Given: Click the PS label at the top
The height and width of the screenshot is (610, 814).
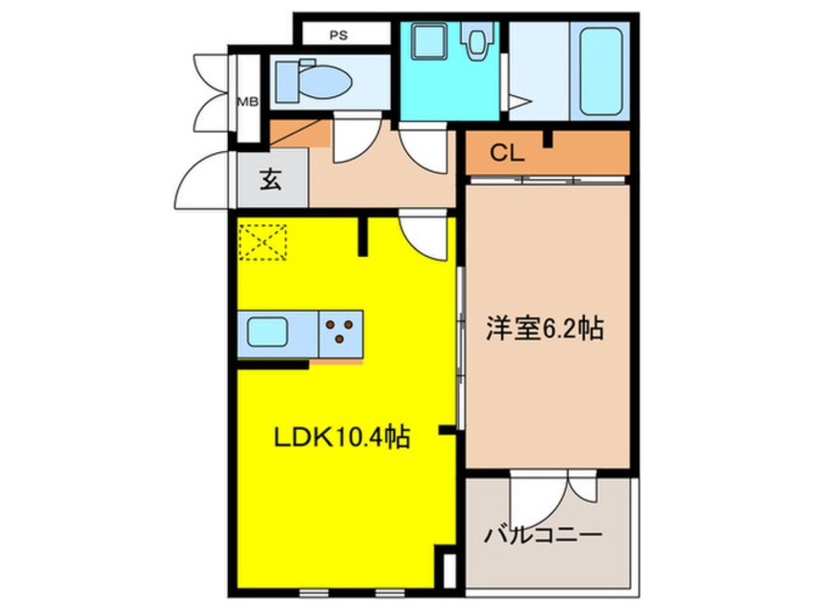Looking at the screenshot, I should click(338, 36).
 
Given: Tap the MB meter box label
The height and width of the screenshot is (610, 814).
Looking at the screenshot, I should click(247, 99).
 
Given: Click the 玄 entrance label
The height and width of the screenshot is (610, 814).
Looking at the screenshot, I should click(271, 180).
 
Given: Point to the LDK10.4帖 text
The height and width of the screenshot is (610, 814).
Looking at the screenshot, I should click(343, 439).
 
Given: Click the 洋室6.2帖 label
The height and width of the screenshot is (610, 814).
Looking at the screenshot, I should click(545, 329).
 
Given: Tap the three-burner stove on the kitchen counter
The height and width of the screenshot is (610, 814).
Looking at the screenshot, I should click(340, 333).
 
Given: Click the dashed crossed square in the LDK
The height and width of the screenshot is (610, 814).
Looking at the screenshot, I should click(264, 241).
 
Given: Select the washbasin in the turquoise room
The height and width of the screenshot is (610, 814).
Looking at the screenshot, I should click(423, 42).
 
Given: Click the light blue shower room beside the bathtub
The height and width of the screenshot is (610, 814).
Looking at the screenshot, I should click(527, 72).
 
